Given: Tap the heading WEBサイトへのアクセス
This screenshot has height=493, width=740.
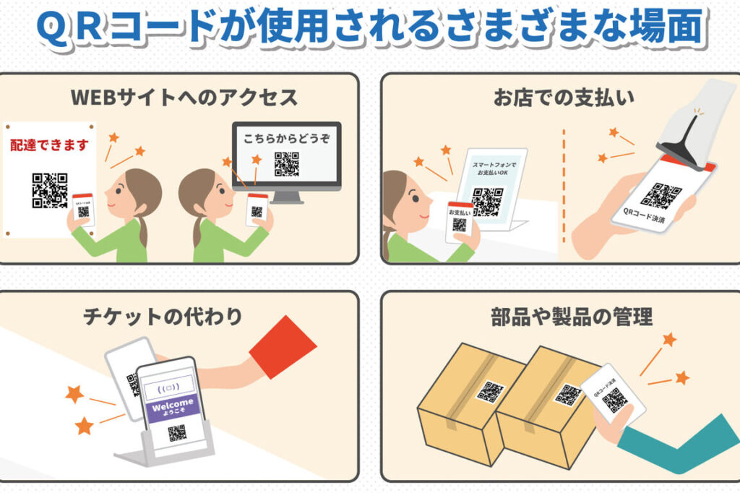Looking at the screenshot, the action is click(x=184, y=98).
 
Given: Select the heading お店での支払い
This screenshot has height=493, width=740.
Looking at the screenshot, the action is click(x=564, y=98).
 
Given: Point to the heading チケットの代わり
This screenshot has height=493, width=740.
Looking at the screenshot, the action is click(x=163, y=316).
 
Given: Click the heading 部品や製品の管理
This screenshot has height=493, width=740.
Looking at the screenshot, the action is click(x=572, y=317).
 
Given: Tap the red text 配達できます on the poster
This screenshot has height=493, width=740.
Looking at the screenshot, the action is click(x=50, y=145).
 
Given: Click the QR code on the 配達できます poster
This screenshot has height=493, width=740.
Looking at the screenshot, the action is click(x=50, y=190).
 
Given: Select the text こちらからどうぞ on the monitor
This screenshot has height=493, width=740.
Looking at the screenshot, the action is click(x=286, y=138).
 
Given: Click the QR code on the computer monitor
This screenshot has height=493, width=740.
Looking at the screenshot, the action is click(x=286, y=164).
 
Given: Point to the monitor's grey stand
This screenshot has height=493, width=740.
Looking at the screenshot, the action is click(x=286, y=197).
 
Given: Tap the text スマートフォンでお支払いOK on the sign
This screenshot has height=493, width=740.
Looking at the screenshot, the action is click(x=494, y=168).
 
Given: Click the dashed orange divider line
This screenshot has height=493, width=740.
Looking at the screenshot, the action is click(x=564, y=186).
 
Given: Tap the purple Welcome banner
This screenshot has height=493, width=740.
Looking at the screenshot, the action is click(x=172, y=406).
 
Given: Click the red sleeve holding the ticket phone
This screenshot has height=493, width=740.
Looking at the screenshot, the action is click(x=283, y=347).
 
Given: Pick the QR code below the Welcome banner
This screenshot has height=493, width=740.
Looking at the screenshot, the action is click(x=177, y=433).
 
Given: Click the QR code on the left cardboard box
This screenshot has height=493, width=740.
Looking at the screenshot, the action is click(x=491, y=392).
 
